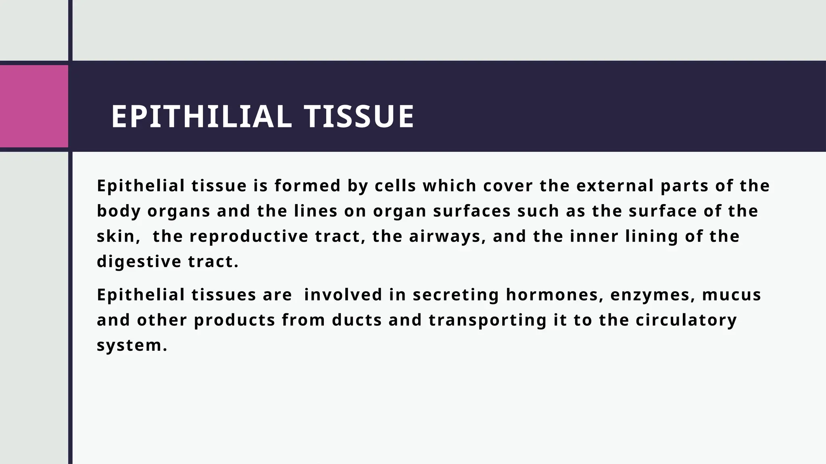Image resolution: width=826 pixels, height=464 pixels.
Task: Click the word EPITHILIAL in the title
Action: (x=201, y=117)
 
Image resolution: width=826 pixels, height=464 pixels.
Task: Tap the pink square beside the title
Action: (x=34, y=106)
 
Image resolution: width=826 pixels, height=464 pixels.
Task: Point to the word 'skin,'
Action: (x=119, y=236)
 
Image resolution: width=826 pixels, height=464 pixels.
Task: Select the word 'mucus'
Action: (x=732, y=295)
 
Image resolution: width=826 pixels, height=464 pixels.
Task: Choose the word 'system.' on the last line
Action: (x=132, y=346)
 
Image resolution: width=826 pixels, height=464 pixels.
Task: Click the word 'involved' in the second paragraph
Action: (x=343, y=295)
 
